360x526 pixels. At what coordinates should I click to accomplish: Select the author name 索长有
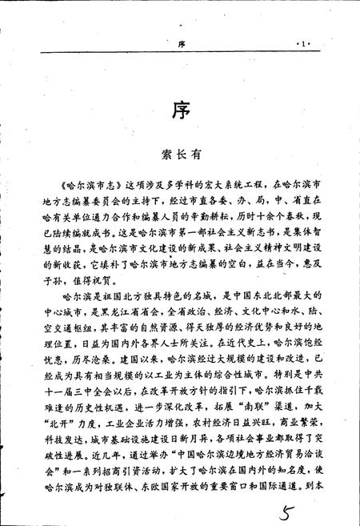pos(180,160)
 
